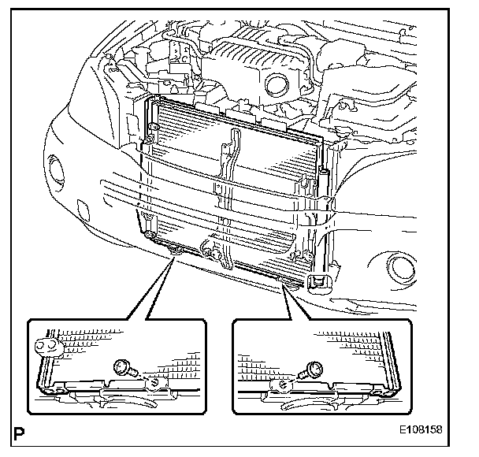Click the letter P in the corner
coord(17,433)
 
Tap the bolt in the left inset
coord(124,366)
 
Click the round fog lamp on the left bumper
coord(58,168)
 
